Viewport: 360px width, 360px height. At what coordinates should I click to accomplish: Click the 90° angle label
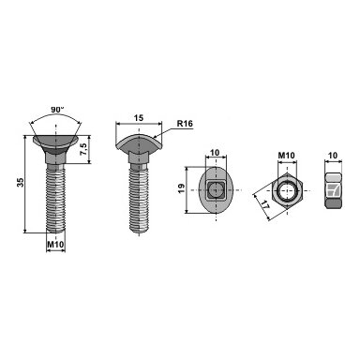pyautogui.click(x=57, y=110)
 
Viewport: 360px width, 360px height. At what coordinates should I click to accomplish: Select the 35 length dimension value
pyautogui.click(x=21, y=182)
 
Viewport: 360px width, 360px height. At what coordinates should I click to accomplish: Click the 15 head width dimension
pyautogui.click(x=139, y=118)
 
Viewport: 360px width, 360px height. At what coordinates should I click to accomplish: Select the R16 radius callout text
pyautogui.click(x=185, y=124)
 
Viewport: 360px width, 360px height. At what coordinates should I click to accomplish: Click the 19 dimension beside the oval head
pyautogui.click(x=181, y=188)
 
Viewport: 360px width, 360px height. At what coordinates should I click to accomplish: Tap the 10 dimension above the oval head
pyautogui.click(x=215, y=153)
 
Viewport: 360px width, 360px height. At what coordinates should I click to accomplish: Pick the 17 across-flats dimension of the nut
pyautogui.click(x=264, y=206)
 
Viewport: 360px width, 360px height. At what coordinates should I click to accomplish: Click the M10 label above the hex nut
pyautogui.click(x=287, y=156)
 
